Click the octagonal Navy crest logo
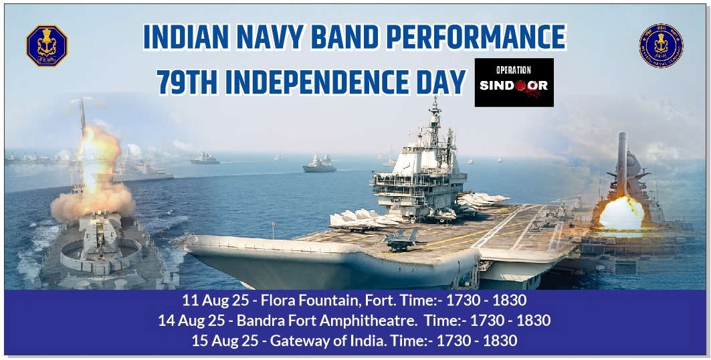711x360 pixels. (47, 46)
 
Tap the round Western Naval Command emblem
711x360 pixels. (661, 46)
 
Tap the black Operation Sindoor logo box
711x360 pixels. (514, 82)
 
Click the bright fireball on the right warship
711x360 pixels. (621, 213)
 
